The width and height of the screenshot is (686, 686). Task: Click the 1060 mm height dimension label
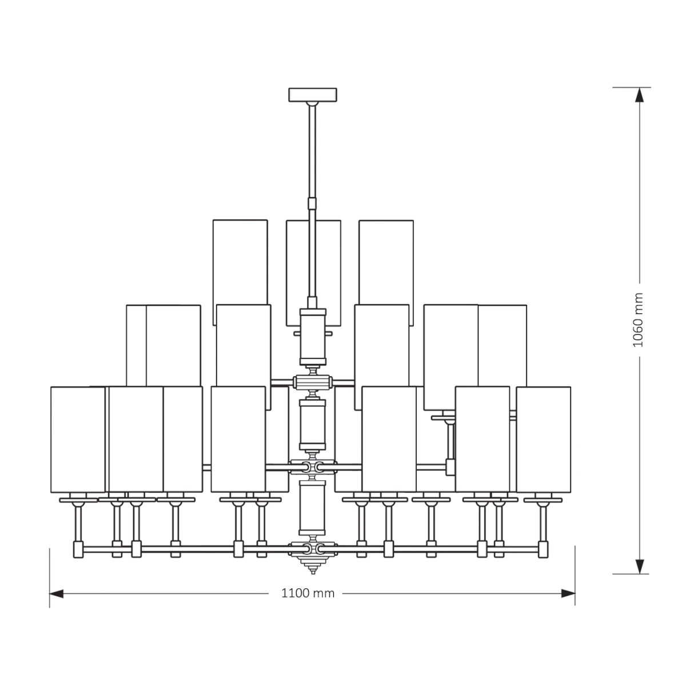tap(639, 320)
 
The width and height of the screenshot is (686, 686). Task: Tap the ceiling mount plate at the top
tap(313, 95)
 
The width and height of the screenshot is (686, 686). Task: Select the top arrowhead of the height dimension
tap(640, 95)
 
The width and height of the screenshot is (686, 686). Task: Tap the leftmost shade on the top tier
tap(240, 272)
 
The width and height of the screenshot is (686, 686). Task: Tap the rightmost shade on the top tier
tap(386, 272)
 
